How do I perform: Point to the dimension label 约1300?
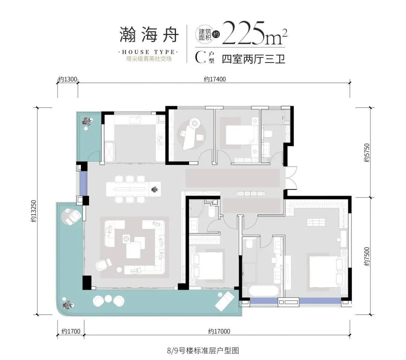[x=67, y=79]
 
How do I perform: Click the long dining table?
[x=133, y=188]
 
